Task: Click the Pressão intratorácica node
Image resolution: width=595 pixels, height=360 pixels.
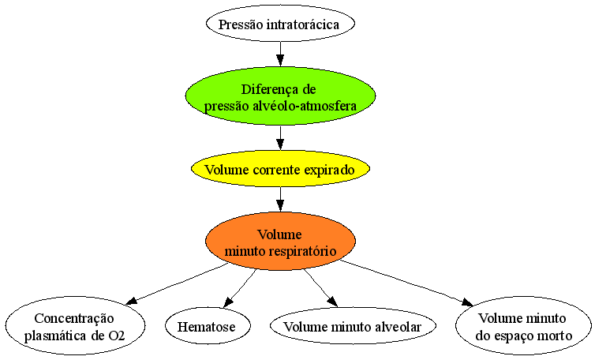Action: (280, 24)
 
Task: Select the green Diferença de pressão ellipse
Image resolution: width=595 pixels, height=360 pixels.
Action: (280, 96)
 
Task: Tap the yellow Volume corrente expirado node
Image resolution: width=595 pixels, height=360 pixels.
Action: (280, 169)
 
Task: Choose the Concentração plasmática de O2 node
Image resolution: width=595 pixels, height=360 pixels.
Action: (75, 327)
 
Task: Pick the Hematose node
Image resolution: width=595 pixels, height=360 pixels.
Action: (208, 327)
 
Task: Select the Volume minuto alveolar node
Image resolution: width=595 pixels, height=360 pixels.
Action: (353, 327)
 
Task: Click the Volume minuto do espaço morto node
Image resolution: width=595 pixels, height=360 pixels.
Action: (523, 327)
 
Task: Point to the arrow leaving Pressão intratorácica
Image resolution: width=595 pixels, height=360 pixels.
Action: (280, 54)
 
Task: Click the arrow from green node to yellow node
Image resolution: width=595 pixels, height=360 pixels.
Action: (280, 138)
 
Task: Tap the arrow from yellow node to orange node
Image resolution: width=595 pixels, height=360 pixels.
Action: (280, 200)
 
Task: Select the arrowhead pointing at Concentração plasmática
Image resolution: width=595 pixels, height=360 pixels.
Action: (130, 301)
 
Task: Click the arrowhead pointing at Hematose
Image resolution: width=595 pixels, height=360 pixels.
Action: (228, 302)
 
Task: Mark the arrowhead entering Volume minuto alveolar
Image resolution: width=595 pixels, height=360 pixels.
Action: (332, 302)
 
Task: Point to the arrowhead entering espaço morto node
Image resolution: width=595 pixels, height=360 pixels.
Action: (467, 302)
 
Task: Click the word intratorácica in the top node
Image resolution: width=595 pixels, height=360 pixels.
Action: (303, 24)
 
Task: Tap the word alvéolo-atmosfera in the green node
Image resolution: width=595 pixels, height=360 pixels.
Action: (305, 106)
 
